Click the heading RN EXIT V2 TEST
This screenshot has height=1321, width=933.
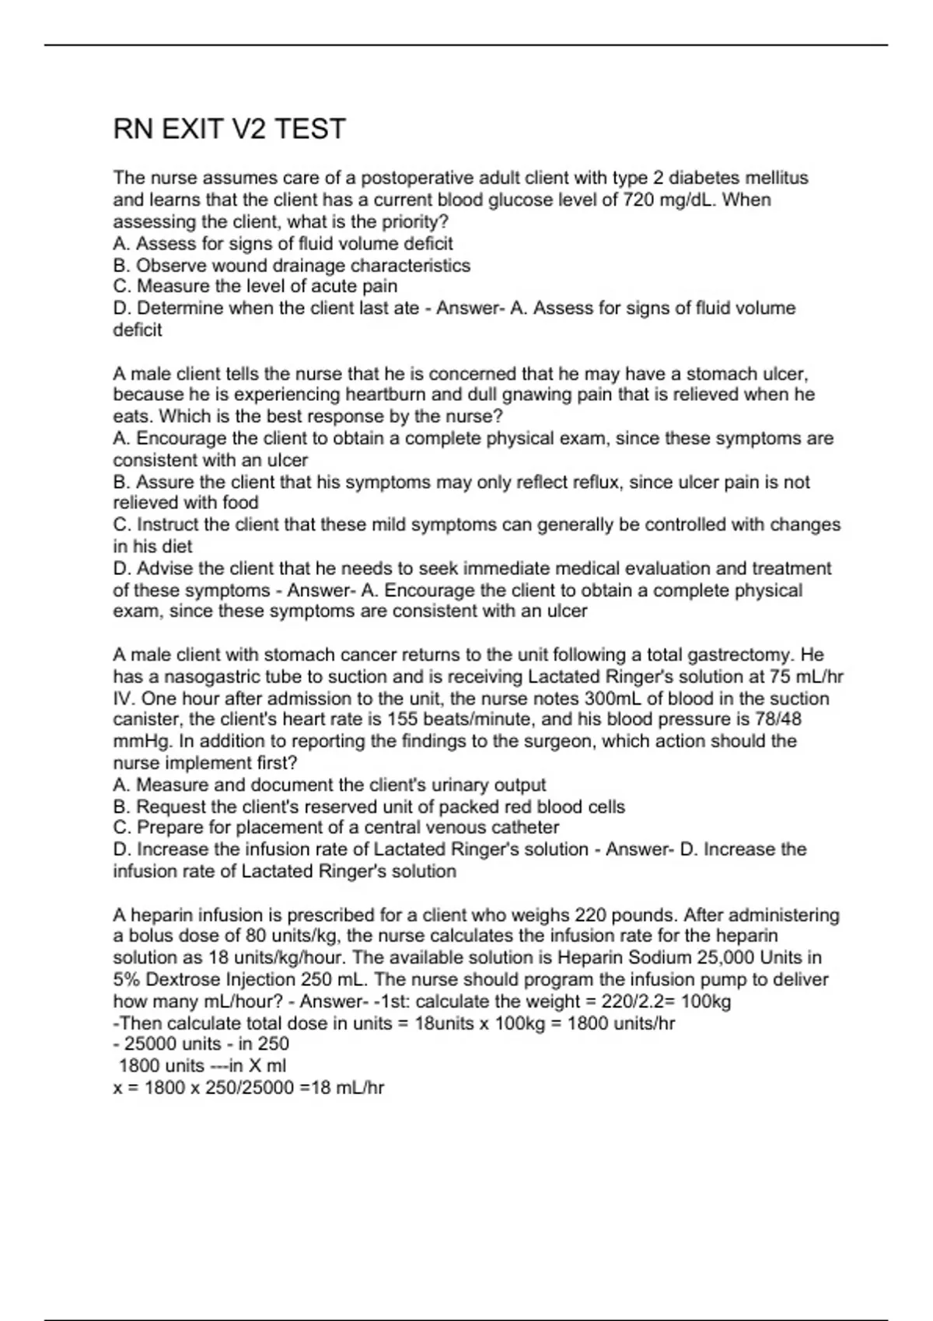coord(229,129)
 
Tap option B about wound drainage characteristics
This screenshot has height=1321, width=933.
coord(292,265)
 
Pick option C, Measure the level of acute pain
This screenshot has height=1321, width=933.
coord(255,286)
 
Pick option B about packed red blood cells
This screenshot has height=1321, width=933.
coord(369,807)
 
